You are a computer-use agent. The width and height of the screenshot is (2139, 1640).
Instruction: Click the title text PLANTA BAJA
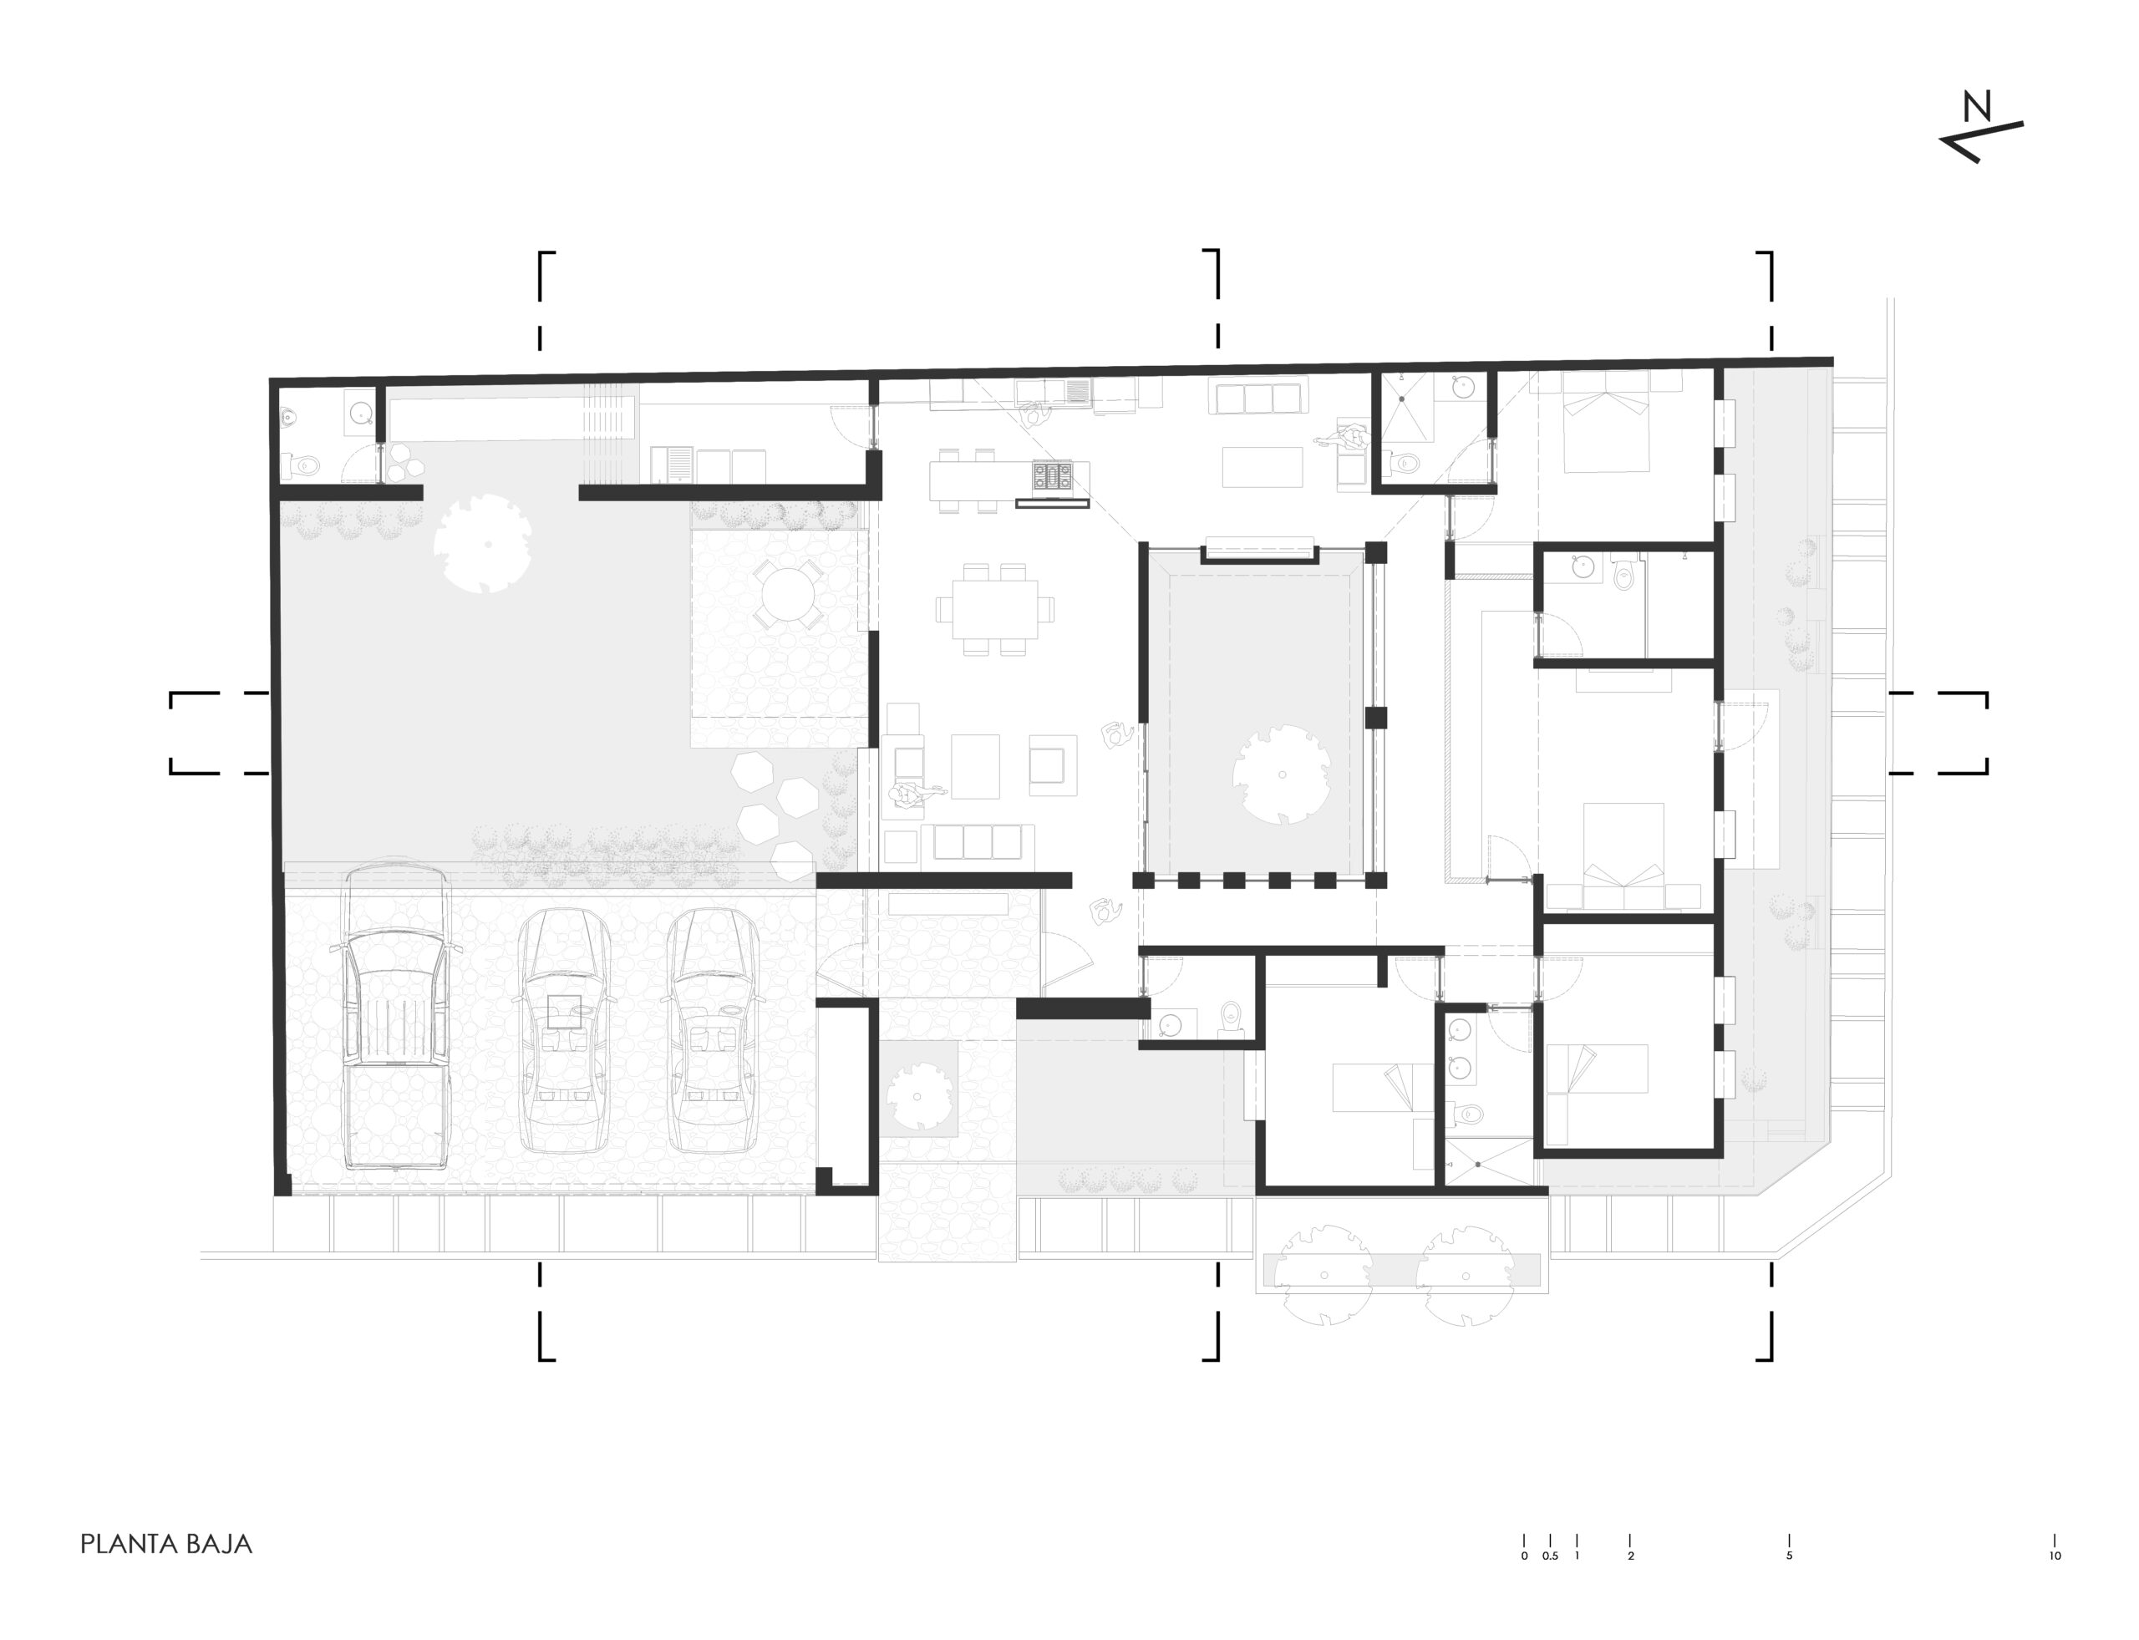coord(166,1543)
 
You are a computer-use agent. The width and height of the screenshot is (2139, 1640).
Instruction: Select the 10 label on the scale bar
coord(2055,1556)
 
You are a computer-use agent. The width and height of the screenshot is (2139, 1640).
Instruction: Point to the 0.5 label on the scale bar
coord(1550,1556)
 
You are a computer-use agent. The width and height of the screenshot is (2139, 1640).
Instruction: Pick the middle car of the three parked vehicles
coord(564,1030)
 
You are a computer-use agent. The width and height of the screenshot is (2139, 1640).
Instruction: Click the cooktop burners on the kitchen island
coord(1053,477)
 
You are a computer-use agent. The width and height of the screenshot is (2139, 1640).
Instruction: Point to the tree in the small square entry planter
coord(917,1095)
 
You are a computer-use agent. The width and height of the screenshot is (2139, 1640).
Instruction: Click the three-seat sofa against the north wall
coord(1257,396)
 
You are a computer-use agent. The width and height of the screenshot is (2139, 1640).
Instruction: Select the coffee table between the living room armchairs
coord(975,766)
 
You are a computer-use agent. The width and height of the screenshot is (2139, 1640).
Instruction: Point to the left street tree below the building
coord(1325,1275)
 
